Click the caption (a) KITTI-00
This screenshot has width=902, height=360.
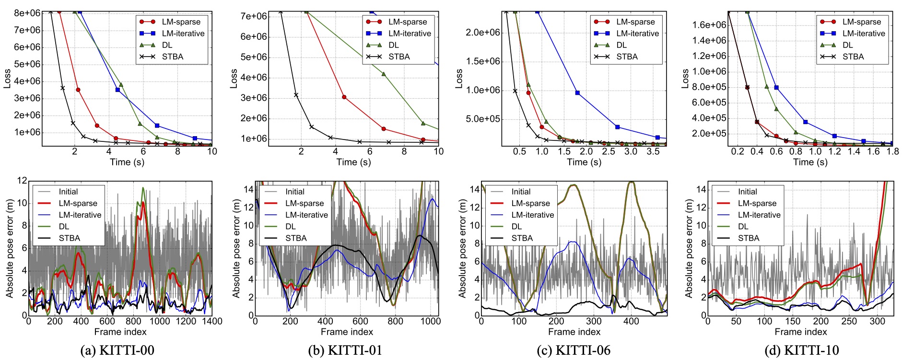(x=117, y=350)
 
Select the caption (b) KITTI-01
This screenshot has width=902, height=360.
(x=345, y=350)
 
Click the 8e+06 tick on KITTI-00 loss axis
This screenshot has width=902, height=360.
(x=27, y=13)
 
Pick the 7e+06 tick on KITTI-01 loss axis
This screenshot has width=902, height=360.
(x=254, y=16)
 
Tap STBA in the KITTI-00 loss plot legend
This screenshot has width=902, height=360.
(x=173, y=57)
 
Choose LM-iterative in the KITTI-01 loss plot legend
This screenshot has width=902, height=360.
(x=410, y=34)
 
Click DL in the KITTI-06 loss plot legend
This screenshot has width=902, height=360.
(x=621, y=45)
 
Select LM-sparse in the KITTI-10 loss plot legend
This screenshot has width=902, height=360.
(x=862, y=22)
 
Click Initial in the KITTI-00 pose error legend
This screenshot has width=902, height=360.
(x=68, y=192)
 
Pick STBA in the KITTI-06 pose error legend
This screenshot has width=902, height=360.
(x=522, y=238)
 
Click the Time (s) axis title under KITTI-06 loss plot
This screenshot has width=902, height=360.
(x=584, y=162)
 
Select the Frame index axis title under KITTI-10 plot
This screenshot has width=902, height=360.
(x=801, y=332)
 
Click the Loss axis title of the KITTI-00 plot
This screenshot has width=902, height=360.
(x=7, y=79)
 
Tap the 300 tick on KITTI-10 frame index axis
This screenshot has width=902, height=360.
(x=877, y=321)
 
